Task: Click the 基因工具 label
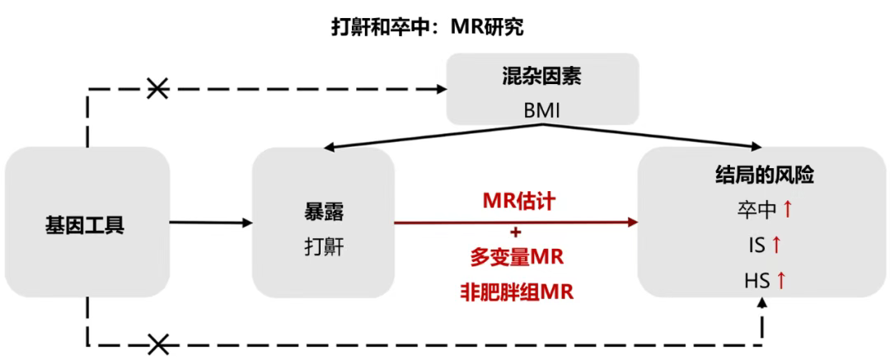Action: click(85, 223)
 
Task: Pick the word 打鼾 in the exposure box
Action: click(322, 246)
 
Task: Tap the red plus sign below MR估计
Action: click(517, 231)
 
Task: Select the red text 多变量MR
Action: click(517, 259)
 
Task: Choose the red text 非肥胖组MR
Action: click(517, 291)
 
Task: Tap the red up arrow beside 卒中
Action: click(787, 210)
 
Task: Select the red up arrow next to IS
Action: click(775, 245)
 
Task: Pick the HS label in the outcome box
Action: click(756, 281)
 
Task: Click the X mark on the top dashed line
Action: click(157, 88)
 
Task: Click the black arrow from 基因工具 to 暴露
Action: click(210, 222)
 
